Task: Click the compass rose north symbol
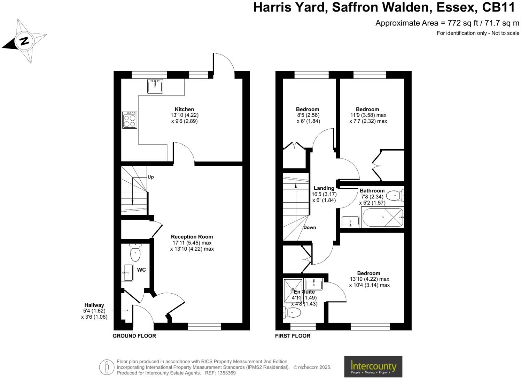point(24,41)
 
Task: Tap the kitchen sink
point(155,86)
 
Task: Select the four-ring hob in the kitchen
point(130,120)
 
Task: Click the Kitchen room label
point(184,109)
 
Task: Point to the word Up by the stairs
point(150,177)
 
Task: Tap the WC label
point(141,270)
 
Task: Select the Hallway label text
point(94,305)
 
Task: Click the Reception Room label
point(192,237)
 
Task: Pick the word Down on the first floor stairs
point(310,227)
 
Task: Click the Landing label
point(324,188)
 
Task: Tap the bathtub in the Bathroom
point(382,218)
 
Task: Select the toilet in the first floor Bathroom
point(395,196)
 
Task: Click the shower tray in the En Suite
point(293,290)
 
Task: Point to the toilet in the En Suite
point(292,312)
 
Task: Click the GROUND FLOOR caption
point(134,336)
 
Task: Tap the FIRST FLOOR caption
point(293,336)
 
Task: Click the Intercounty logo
point(373,366)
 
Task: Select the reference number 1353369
point(226,373)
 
